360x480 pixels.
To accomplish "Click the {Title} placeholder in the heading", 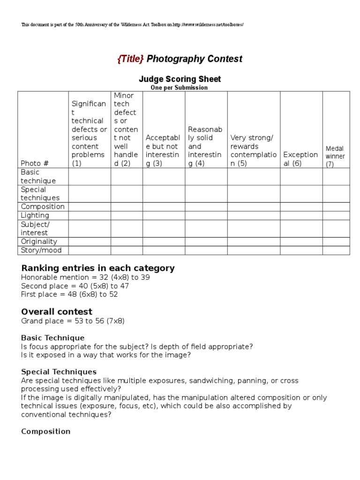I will pyautogui.click(x=130, y=59).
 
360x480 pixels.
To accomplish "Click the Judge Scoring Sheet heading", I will pyautogui.click(x=180, y=79).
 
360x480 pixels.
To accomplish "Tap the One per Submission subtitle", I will pyautogui.click(x=179, y=88).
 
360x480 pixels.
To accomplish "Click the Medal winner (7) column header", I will pyautogui.click(x=335, y=157).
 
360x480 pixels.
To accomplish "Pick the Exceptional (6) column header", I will pyautogui.click(x=300, y=159).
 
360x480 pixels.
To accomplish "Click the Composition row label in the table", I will pyautogui.click(x=43, y=207).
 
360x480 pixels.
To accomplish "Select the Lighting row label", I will pyautogui.click(x=35, y=216).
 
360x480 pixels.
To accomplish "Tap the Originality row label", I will pyautogui.click(x=39, y=242).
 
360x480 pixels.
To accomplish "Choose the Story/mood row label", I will pyautogui.click(x=41, y=250).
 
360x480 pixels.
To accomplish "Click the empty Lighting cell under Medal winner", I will pyautogui.click(x=336, y=216).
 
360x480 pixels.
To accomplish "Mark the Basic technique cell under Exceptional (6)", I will pyautogui.click(x=301, y=177).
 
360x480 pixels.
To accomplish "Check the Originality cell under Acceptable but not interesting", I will pyautogui.click(x=164, y=242).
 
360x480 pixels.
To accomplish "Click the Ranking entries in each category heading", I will pyautogui.click(x=97, y=268).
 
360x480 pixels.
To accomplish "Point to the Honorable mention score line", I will pyautogui.click(x=85, y=277).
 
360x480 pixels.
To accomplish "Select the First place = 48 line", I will pyautogui.click(x=69, y=294).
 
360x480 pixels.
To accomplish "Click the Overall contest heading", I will pyautogui.click(x=57, y=312).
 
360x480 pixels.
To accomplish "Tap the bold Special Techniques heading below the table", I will pyautogui.click(x=59, y=372).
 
